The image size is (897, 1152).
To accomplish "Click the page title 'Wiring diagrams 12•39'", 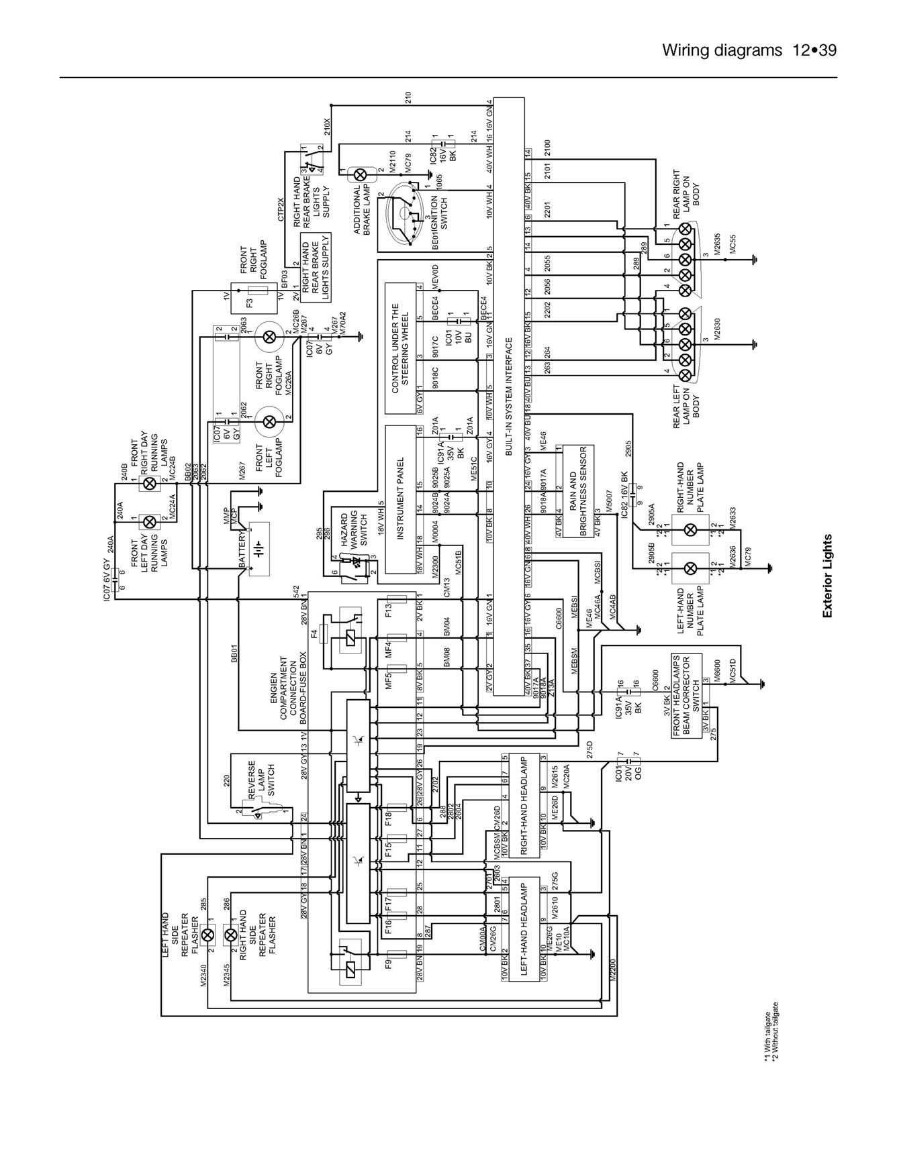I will point(749,50).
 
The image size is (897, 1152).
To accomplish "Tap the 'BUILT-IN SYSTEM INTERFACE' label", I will point(509,397).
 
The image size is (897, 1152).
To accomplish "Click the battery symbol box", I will point(259,549).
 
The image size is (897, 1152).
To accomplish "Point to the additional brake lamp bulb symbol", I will point(360,174).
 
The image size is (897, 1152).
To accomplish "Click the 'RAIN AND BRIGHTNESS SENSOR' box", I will point(577,490).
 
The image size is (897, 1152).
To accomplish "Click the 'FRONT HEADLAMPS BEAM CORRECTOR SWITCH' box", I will point(686,695).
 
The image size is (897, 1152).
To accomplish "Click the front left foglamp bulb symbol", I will point(269,421).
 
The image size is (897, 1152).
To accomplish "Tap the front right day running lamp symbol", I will point(151,483).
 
